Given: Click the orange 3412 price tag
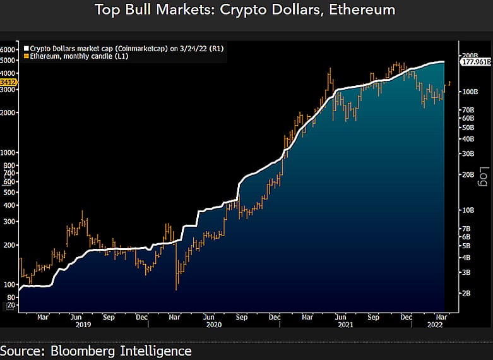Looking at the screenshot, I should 8,82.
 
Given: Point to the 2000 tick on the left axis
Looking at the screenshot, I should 8,112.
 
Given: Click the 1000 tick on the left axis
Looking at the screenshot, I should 8,152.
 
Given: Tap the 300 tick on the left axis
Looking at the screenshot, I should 9,222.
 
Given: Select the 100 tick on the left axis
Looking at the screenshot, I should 9,284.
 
